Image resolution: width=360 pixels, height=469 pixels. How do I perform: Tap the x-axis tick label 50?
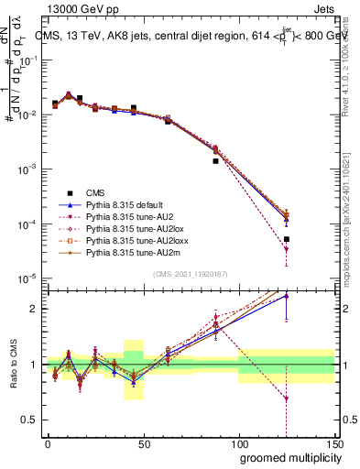143,444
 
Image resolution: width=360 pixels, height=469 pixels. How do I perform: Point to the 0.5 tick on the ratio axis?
32,420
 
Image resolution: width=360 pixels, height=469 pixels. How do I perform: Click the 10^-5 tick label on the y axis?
28,278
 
